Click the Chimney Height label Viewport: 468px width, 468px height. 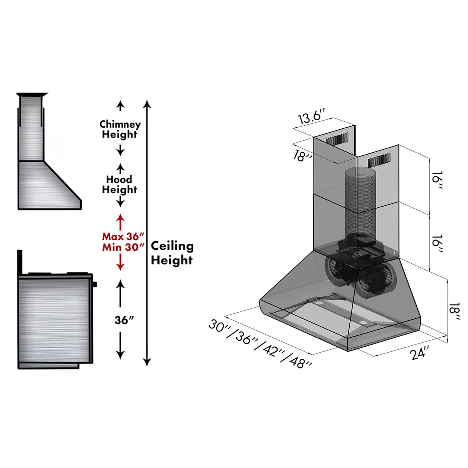pos(120,130)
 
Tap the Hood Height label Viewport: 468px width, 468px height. pos(119,184)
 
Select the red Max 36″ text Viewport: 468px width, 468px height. pos(123,236)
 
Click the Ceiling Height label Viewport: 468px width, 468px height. pos(172,253)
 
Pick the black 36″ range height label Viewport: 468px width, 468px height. pos(124,320)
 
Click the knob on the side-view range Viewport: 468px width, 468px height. pos(94,285)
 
